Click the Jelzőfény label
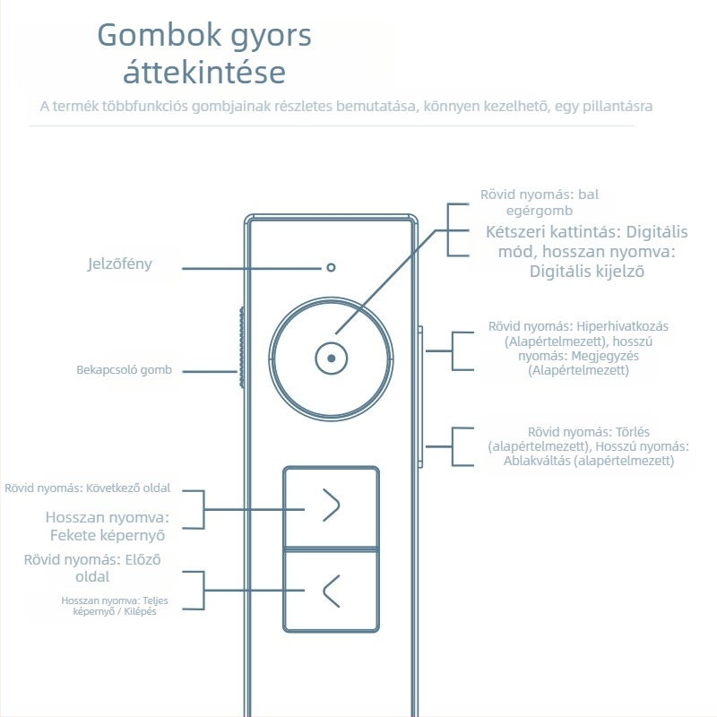(119, 264)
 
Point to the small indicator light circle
(332, 267)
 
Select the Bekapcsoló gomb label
(124, 370)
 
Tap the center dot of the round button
(332, 358)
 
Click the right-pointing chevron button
(332, 506)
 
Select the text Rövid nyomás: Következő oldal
(87, 488)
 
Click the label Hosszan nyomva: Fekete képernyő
(108, 526)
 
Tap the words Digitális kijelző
(587, 271)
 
